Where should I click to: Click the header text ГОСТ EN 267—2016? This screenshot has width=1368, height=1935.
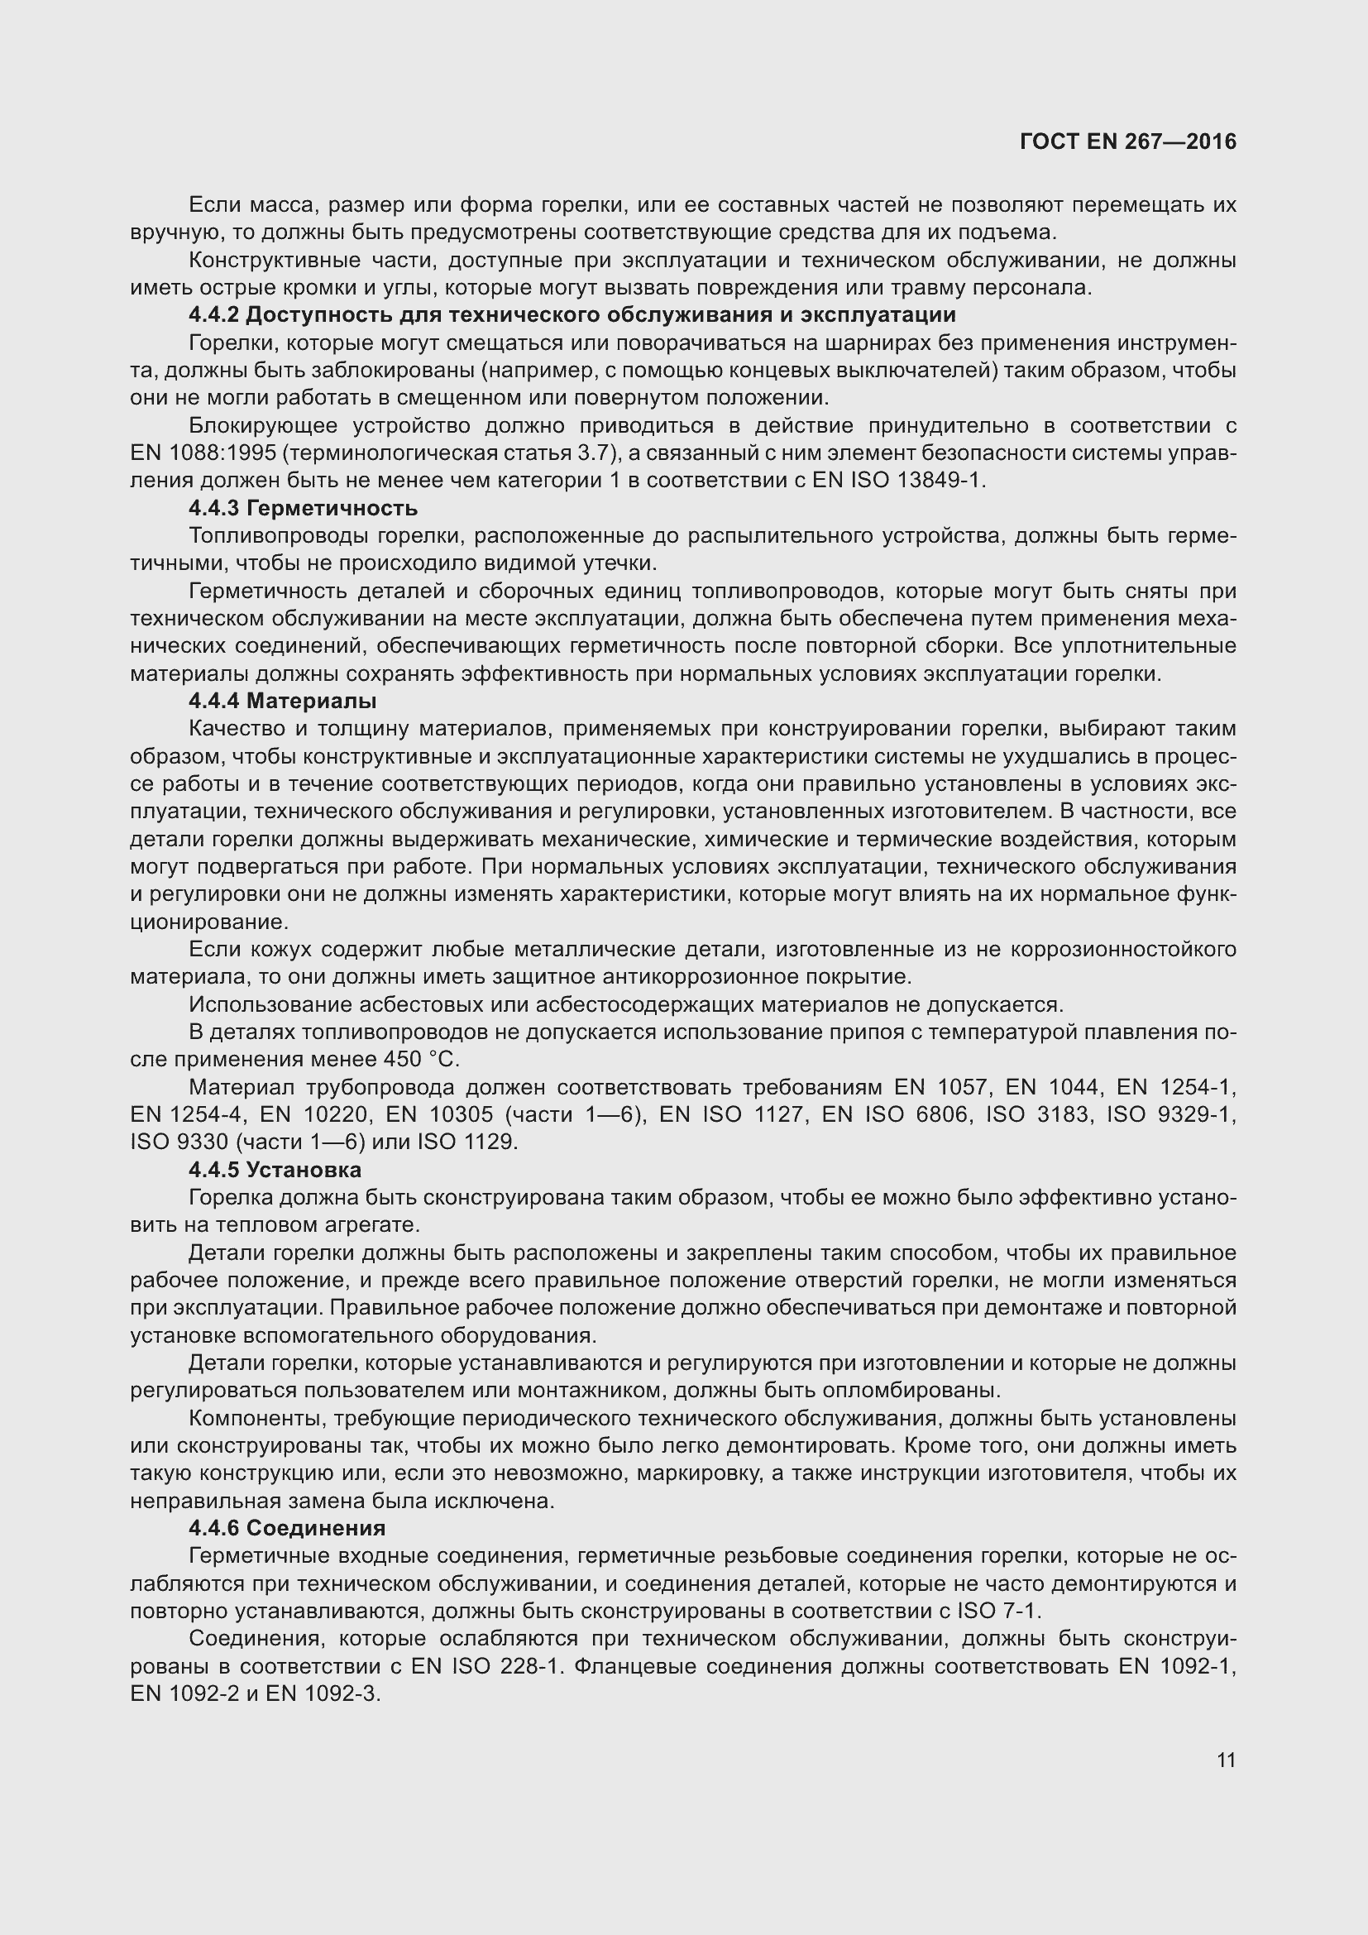(1127, 141)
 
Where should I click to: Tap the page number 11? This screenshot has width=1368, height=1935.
(1226, 1760)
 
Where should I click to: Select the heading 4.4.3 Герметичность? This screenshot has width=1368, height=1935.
(304, 508)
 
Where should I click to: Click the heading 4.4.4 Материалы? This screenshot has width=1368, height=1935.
(282, 702)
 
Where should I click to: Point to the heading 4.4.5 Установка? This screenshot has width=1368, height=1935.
(275, 1170)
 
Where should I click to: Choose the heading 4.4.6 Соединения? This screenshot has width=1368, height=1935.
(287, 1528)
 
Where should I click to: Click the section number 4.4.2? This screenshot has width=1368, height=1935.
(214, 315)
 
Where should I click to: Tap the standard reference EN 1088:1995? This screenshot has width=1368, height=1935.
(203, 453)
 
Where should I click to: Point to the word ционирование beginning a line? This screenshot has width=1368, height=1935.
(209, 922)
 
